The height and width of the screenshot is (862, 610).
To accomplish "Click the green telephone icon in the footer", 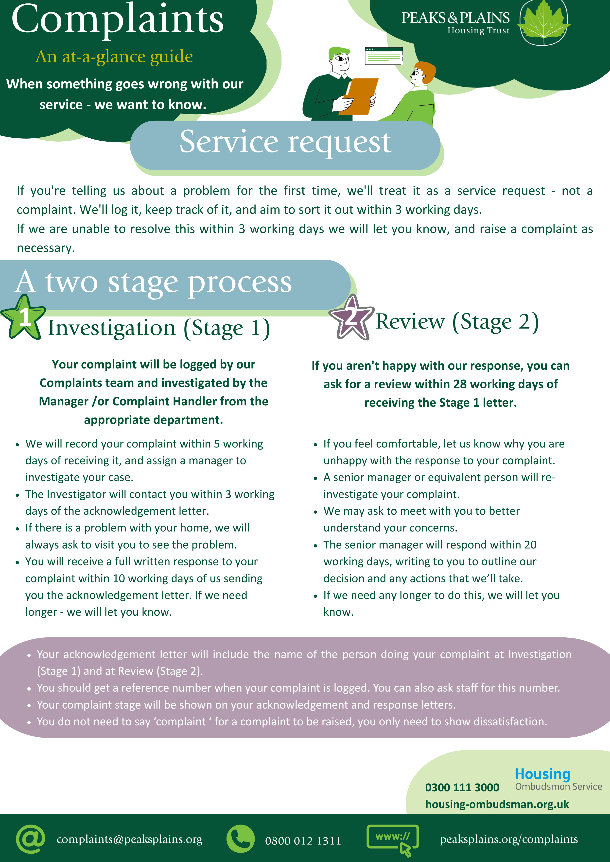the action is [x=240, y=839].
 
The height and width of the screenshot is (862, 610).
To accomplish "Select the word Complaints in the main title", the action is [x=118, y=19].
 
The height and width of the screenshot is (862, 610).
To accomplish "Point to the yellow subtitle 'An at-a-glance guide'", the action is [x=114, y=57].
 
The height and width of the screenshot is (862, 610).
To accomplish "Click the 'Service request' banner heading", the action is [x=285, y=142].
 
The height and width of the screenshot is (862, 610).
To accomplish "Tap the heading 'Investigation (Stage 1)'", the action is [x=159, y=328].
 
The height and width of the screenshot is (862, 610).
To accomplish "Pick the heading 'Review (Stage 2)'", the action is [x=457, y=322].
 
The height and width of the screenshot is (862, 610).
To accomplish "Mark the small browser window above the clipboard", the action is [x=383, y=56].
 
